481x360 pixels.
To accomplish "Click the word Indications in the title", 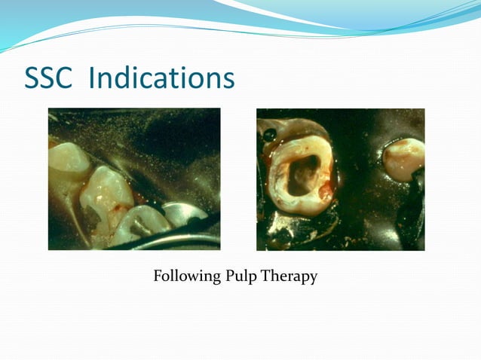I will pos(161,79).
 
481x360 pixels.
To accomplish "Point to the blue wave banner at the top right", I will pos(392,19).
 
